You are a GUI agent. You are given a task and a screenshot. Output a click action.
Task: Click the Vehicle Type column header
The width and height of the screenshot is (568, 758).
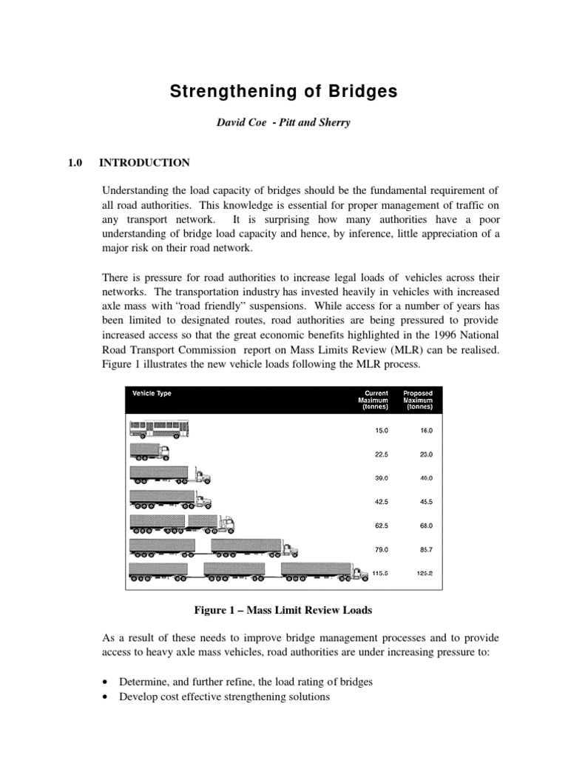(x=152, y=394)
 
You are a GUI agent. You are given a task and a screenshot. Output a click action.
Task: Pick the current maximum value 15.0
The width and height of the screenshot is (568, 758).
(x=379, y=429)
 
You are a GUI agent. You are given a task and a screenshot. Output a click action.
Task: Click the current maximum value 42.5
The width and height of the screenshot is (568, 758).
(x=379, y=501)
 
